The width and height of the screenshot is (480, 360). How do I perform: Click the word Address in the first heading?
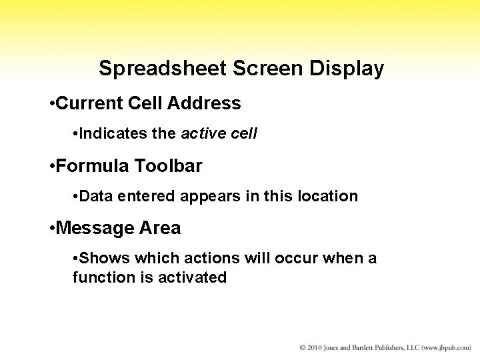click(205, 103)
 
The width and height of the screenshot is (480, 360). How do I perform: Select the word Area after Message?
click(159, 228)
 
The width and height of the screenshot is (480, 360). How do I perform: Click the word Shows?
click(100, 258)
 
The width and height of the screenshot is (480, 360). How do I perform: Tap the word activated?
click(193, 277)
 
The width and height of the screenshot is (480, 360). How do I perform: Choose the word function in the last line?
click(97, 277)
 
